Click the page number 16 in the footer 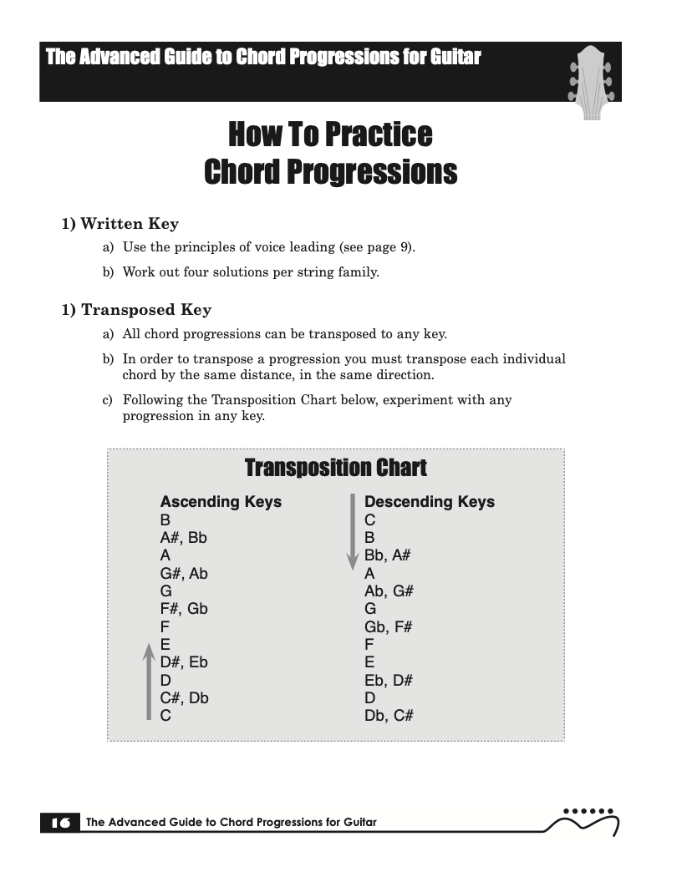point(60,823)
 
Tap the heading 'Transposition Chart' point(335,468)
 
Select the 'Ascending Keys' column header point(221,502)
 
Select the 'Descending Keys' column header point(430,502)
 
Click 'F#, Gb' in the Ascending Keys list point(184,609)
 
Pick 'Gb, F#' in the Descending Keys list point(389,626)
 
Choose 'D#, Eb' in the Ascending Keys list point(184,662)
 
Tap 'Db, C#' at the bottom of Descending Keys point(389,716)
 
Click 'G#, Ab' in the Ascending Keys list point(184,573)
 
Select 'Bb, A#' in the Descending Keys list point(388,555)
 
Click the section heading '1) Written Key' point(120,224)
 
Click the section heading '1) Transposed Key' point(136,310)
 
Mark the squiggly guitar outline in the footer point(583,824)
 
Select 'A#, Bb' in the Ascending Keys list point(184,538)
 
